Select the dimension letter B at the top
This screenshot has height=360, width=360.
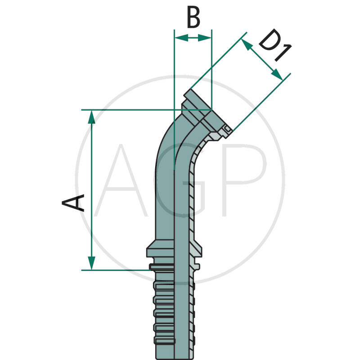pos(193,18)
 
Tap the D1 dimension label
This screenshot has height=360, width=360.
pos(274,47)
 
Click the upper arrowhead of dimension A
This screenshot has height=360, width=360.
pos(91,117)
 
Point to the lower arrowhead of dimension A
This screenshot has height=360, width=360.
pos(91,263)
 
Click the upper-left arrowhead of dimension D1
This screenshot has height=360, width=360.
pos(246,44)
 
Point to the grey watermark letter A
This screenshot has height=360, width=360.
pos(121,180)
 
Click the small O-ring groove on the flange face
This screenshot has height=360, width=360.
pos(227,130)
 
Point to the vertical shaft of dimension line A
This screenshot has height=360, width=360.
pos(91,189)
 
